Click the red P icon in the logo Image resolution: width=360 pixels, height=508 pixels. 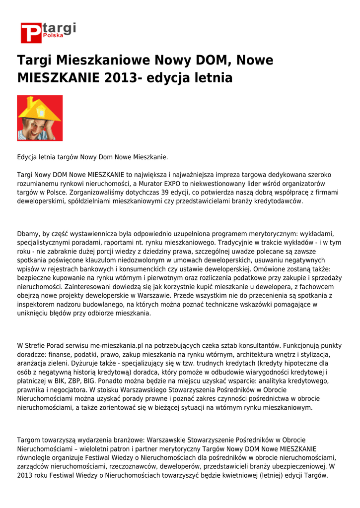click(x=31, y=33)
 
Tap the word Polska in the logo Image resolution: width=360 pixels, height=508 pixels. click(x=53, y=36)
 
